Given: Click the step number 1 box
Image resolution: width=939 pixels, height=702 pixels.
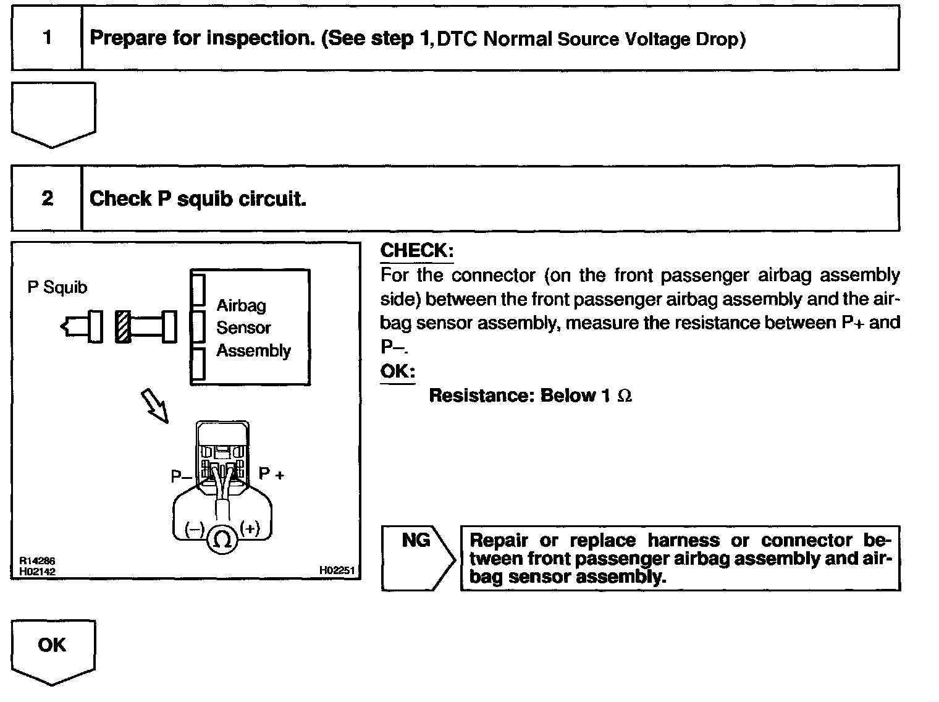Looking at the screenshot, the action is pyautogui.click(x=47, y=38).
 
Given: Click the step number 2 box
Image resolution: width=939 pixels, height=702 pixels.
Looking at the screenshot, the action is pyautogui.click(x=47, y=198).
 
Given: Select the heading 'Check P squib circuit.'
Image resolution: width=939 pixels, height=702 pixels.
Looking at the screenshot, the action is pyautogui.click(x=198, y=199).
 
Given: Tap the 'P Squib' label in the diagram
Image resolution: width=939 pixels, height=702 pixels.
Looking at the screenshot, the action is pyautogui.click(x=57, y=287).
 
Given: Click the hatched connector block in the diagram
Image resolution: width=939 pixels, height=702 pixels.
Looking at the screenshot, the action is pyautogui.click(x=123, y=326).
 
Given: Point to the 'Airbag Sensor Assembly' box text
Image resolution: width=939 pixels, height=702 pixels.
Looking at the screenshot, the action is pyautogui.click(x=253, y=328).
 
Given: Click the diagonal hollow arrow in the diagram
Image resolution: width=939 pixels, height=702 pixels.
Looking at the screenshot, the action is pyautogui.click(x=155, y=405).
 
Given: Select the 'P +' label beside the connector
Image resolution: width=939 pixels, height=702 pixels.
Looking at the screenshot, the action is pyautogui.click(x=271, y=473).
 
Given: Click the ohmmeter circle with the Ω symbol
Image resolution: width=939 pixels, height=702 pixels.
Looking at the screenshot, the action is pyautogui.click(x=222, y=539).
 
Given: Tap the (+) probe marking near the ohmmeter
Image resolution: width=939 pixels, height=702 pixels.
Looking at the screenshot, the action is pyautogui.click(x=250, y=528).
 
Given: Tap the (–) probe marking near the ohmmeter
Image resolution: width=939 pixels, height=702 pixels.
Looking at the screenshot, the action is pyautogui.click(x=195, y=530).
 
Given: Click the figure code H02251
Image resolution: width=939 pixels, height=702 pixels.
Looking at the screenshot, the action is pyautogui.click(x=337, y=570).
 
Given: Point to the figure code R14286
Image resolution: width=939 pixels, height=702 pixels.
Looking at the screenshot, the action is pyautogui.click(x=37, y=561).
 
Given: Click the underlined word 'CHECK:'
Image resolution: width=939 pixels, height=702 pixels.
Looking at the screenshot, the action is pyautogui.click(x=416, y=251).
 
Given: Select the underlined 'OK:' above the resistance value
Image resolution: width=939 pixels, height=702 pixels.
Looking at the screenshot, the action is pyautogui.click(x=397, y=371).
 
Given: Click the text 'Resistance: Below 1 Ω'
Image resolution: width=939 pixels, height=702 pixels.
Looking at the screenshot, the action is pyautogui.click(x=530, y=395).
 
